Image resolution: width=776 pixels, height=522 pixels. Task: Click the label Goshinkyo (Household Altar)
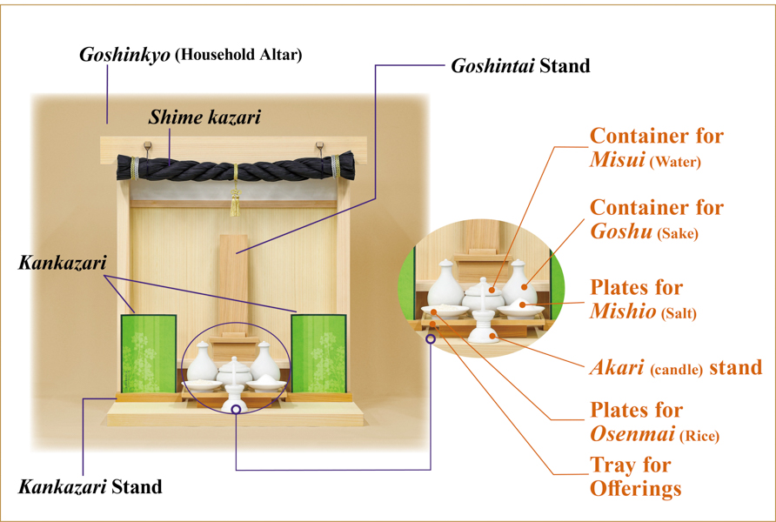tap(191, 55)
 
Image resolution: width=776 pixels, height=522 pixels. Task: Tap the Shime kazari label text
tap(204, 117)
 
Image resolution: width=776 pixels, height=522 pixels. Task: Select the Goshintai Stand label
tap(520, 66)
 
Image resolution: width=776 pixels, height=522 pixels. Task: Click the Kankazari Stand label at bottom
tap(90, 487)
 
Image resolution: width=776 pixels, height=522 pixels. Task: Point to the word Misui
tap(617, 160)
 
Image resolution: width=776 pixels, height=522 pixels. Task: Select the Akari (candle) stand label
tap(676, 368)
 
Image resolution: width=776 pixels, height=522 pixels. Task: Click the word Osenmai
tap(632, 434)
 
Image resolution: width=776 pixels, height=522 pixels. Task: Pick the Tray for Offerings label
tap(635, 477)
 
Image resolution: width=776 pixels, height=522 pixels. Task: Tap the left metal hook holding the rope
tap(148, 148)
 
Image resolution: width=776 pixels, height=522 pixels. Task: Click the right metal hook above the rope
tap(319, 148)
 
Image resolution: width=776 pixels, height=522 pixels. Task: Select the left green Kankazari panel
tap(149, 353)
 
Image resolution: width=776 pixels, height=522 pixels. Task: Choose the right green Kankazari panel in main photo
tap(318, 353)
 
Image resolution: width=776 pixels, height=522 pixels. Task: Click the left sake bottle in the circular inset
tap(445, 284)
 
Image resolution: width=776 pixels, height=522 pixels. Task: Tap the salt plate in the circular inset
tap(520, 310)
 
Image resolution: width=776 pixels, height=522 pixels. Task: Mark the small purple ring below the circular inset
tap(431, 339)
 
